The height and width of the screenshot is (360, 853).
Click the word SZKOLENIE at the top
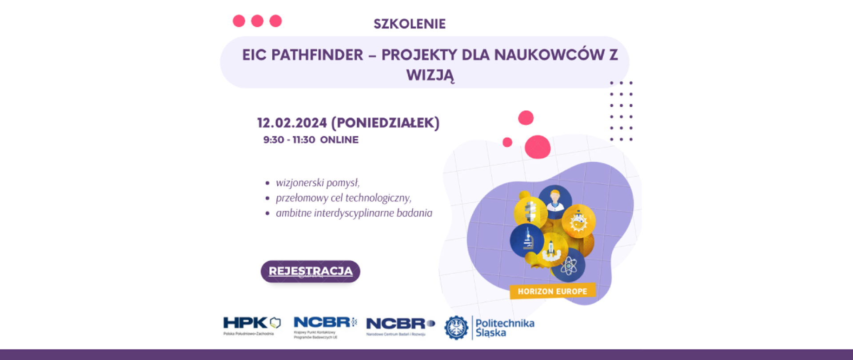click(x=409, y=24)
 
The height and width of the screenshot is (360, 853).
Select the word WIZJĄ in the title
click(x=430, y=75)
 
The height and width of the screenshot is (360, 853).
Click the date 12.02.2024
click(x=292, y=123)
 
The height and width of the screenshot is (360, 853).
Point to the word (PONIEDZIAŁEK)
click(x=385, y=123)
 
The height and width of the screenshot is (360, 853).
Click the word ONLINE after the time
click(x=339, y=140)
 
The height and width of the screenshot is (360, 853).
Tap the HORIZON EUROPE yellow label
click(x=552, y=292)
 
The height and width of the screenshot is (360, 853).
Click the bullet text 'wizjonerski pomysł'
click(x=317, y=183)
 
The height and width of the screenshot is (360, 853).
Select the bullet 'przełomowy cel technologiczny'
click(x=343, y=198)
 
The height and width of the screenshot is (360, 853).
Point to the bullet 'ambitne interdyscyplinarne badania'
click(x=354, y=213)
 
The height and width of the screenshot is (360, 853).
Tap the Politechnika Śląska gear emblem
click(x=456, y=328)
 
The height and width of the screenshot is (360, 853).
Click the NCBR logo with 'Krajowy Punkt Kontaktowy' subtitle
click(x=325, y=327)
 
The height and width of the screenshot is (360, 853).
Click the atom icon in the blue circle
click(x=569, y=266)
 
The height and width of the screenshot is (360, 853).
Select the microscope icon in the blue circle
click(x=527, y=240)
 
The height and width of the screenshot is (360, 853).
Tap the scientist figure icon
click(x=555, y=200)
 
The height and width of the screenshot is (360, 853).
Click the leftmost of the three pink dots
click(x=239, y=21)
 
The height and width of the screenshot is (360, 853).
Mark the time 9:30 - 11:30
click(x=289, y=140)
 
